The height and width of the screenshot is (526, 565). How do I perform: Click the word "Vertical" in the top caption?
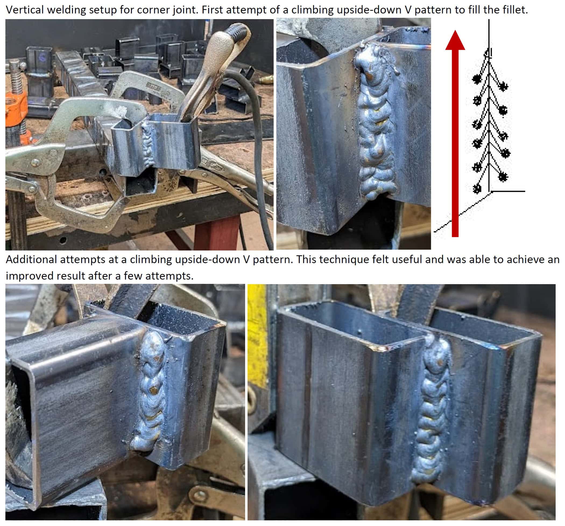click(x=25, y=10)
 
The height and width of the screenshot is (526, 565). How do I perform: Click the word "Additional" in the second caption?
click(x=30, y=259)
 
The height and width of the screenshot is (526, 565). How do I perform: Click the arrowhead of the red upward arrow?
click(x=455, y=40)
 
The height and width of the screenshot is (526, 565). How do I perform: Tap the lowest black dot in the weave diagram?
click(x=477, y=188)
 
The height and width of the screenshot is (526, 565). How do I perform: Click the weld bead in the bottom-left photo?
click(x=151, y=391)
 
